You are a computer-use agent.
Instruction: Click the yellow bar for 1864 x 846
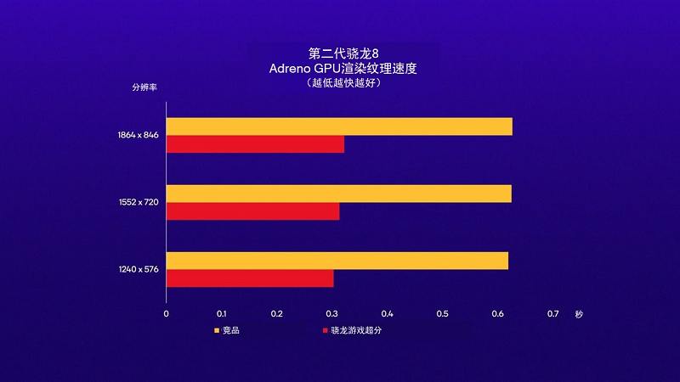click(339, 126)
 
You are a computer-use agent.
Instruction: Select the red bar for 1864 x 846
click(255, 144)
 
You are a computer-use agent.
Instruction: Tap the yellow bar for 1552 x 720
click(338, 194)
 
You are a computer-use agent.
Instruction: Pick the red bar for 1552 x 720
click(252, 211)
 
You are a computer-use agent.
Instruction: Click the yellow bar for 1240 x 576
click(337, 261)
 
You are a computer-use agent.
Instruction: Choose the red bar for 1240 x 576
click(250, 278)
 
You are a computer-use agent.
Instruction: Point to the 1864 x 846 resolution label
click(139, 134)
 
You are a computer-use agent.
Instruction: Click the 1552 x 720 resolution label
click(139, 202)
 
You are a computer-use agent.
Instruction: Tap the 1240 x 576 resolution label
click(139, 269)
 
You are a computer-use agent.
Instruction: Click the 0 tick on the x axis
click(166, 314)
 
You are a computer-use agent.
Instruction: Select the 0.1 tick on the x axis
click(221, 314)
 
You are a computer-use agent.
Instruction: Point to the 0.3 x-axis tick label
click(331, 314)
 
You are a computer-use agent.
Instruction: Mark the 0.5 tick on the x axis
click(442, 314)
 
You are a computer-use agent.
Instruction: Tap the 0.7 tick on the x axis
click(552, 314)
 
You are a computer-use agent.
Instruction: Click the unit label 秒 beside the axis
click(579, 314)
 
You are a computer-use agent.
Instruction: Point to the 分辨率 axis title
click(143, 87)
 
